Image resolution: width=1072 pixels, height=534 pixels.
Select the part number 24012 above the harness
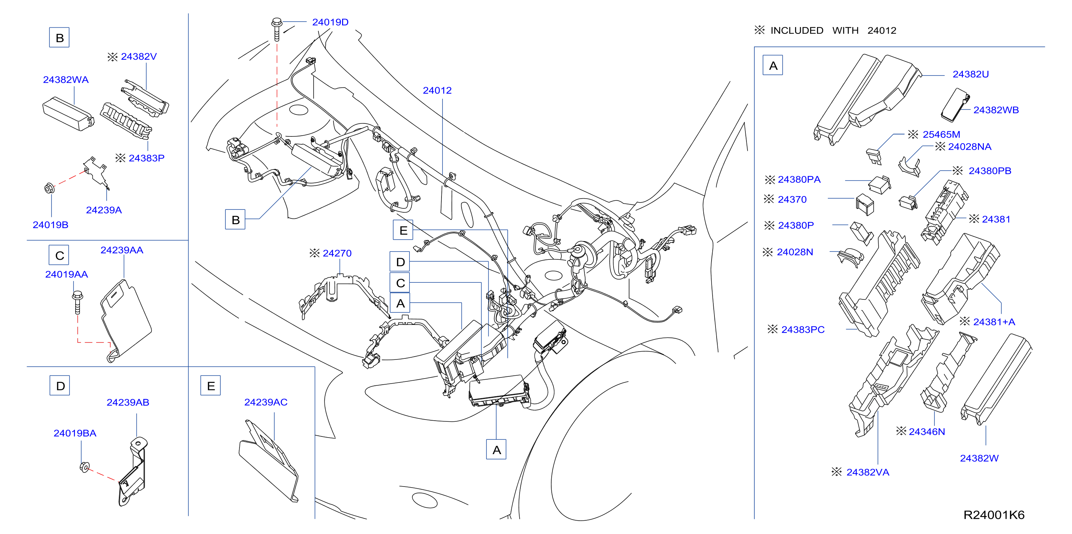tap(437, 90)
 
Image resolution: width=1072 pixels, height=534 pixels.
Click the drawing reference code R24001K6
tap(994, 515)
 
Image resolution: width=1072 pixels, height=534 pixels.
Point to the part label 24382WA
tap(66, 80)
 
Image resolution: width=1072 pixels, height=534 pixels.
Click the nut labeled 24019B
tap(49, 189)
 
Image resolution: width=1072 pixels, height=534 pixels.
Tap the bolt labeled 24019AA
tap(77, 302)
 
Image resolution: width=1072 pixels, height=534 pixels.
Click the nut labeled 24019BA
tap(85, 467)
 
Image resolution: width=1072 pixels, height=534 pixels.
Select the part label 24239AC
tap(265, 402)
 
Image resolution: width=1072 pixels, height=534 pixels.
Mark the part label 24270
tap(337, 253)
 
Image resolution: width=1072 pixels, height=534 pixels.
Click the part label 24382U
tap(970, 74)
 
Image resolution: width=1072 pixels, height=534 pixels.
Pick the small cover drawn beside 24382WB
tap(955, 105)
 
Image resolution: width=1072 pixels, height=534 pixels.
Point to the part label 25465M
tap(941, 134)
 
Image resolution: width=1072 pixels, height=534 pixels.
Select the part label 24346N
tap(927, 432)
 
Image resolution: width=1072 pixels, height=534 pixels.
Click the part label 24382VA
tap(868, 472)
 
